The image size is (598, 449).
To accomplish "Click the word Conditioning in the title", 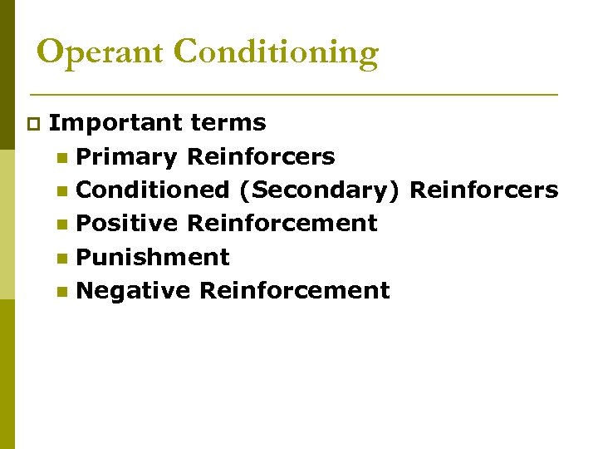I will [x=277, y=52].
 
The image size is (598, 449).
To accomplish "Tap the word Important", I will [x=115, y=123].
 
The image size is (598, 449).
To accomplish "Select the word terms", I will [x=228, y=123].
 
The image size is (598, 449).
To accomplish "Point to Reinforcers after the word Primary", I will [x=261, y=156].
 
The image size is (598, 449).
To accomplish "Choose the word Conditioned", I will [x=153, y=190].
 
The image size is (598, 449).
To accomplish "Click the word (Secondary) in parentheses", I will [x=320, y=190].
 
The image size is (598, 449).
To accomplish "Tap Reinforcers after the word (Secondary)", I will [x=483, y=190].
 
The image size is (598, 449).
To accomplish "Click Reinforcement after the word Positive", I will [x=282, y=223].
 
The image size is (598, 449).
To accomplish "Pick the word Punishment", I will [x=153, y=257].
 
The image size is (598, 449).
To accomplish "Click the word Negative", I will [x=133, y=290].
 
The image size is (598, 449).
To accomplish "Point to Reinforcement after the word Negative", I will [x=294, y=290].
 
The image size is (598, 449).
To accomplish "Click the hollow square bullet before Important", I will [x=32, y=125].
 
